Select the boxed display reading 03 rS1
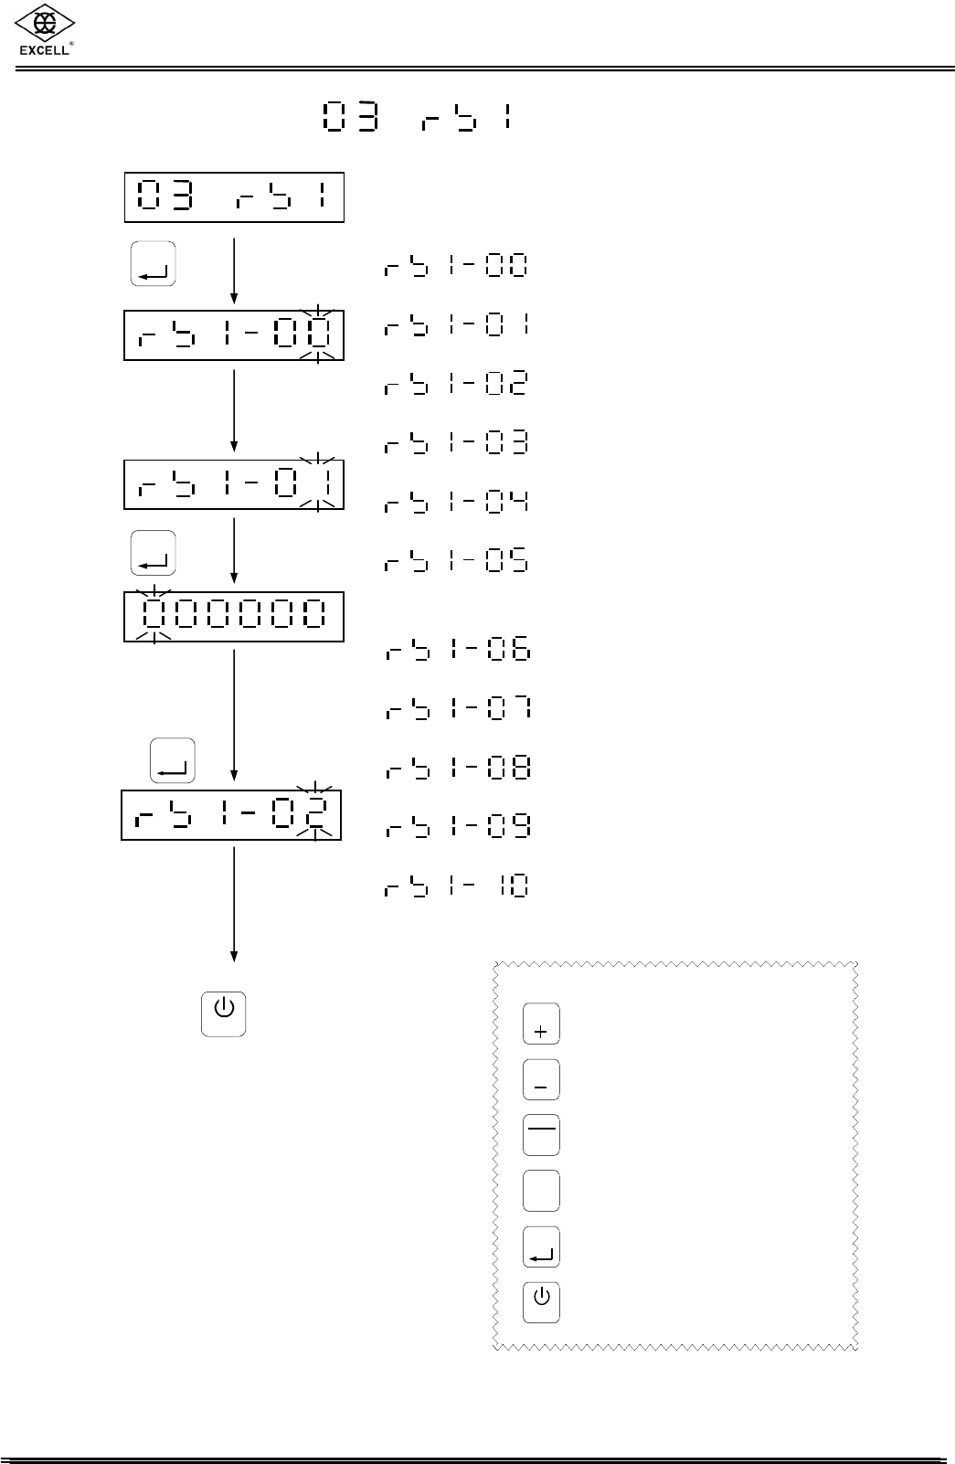pos(234,196)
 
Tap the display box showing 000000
pos(234,616)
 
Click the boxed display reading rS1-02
pos(231,814)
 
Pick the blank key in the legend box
pos(541,1191)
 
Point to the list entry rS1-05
pos(456,560)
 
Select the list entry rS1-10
pos(456,886)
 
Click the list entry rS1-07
pos(456,709)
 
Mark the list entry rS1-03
pos(456,444)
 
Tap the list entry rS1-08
pos(456,769)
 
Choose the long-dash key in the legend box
pos(541,1135)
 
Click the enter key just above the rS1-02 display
pos(172,760)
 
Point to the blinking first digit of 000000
pos(154,614)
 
